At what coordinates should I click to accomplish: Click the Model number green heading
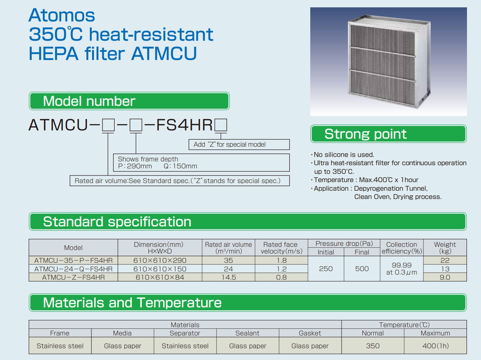coord(129,101)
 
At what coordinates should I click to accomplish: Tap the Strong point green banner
coord(388,134)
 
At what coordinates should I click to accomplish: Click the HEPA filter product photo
coord(388,62)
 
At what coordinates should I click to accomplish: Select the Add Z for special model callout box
coord(239,144)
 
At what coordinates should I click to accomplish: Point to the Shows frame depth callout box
coord(201,163)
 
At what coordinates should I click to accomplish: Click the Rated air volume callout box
coord(180,181)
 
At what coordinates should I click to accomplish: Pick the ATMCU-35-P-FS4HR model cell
coord(73,261)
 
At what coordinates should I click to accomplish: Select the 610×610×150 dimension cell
coord(160,269)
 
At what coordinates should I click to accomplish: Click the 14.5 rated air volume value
coord(229,277)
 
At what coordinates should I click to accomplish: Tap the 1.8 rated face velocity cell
coord(281,261)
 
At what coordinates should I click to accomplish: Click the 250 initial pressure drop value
coord(326,269)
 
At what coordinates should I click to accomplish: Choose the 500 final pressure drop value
coord(362,269)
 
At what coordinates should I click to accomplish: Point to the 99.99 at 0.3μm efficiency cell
coord(402,269)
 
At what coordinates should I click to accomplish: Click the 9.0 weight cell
coord(445,277)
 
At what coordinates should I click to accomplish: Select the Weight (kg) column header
coord(445,248)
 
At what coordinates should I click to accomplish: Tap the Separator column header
coord(185,333)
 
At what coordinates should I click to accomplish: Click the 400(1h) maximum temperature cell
coord(435,346)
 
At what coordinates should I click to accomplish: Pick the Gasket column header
coord(310,333)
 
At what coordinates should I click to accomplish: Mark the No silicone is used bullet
coord(342,155)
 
